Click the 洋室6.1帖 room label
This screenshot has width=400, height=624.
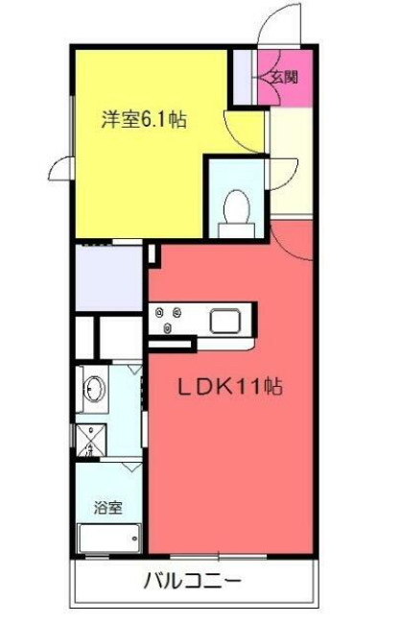pyautogui.click(x=145, y=121)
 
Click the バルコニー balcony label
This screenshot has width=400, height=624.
pyautogui.click(x=192, y=581)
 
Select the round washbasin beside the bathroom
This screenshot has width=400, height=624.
pyautogui.click(x=95, y=389)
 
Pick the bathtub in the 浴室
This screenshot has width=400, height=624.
pyautogui.click(x=108, y=540)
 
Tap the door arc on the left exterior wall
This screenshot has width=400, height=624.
pyautogui.click(x=59, y=163)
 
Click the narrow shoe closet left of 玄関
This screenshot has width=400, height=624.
pyautogui.click(x=245, y=77)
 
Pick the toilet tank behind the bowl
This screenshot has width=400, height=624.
pyautogui.click(x=235, y=227)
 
